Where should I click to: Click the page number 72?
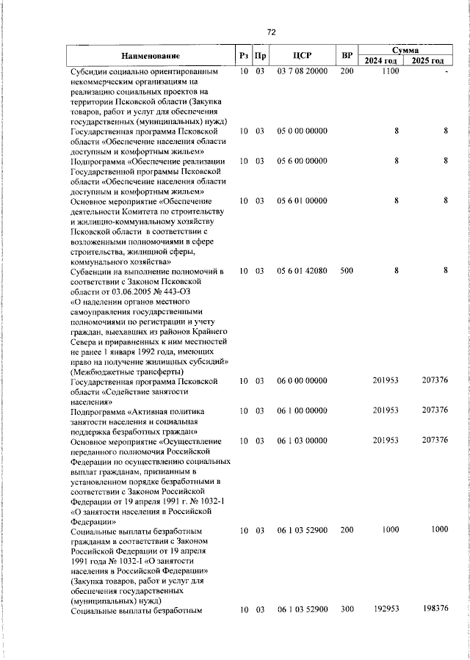point(270,32)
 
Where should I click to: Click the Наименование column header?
point(151,56)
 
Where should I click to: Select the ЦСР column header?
point(303,56)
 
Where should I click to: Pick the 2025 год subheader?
point(428,61)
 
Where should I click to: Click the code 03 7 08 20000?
point(303,71)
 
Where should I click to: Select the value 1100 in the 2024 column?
point(390,71)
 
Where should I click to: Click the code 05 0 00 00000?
point(303,131)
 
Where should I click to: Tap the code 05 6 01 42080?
point(303,271)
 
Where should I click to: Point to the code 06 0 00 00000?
point(303,380)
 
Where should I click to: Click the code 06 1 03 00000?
point(303,440)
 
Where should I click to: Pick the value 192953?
point(386,609)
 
